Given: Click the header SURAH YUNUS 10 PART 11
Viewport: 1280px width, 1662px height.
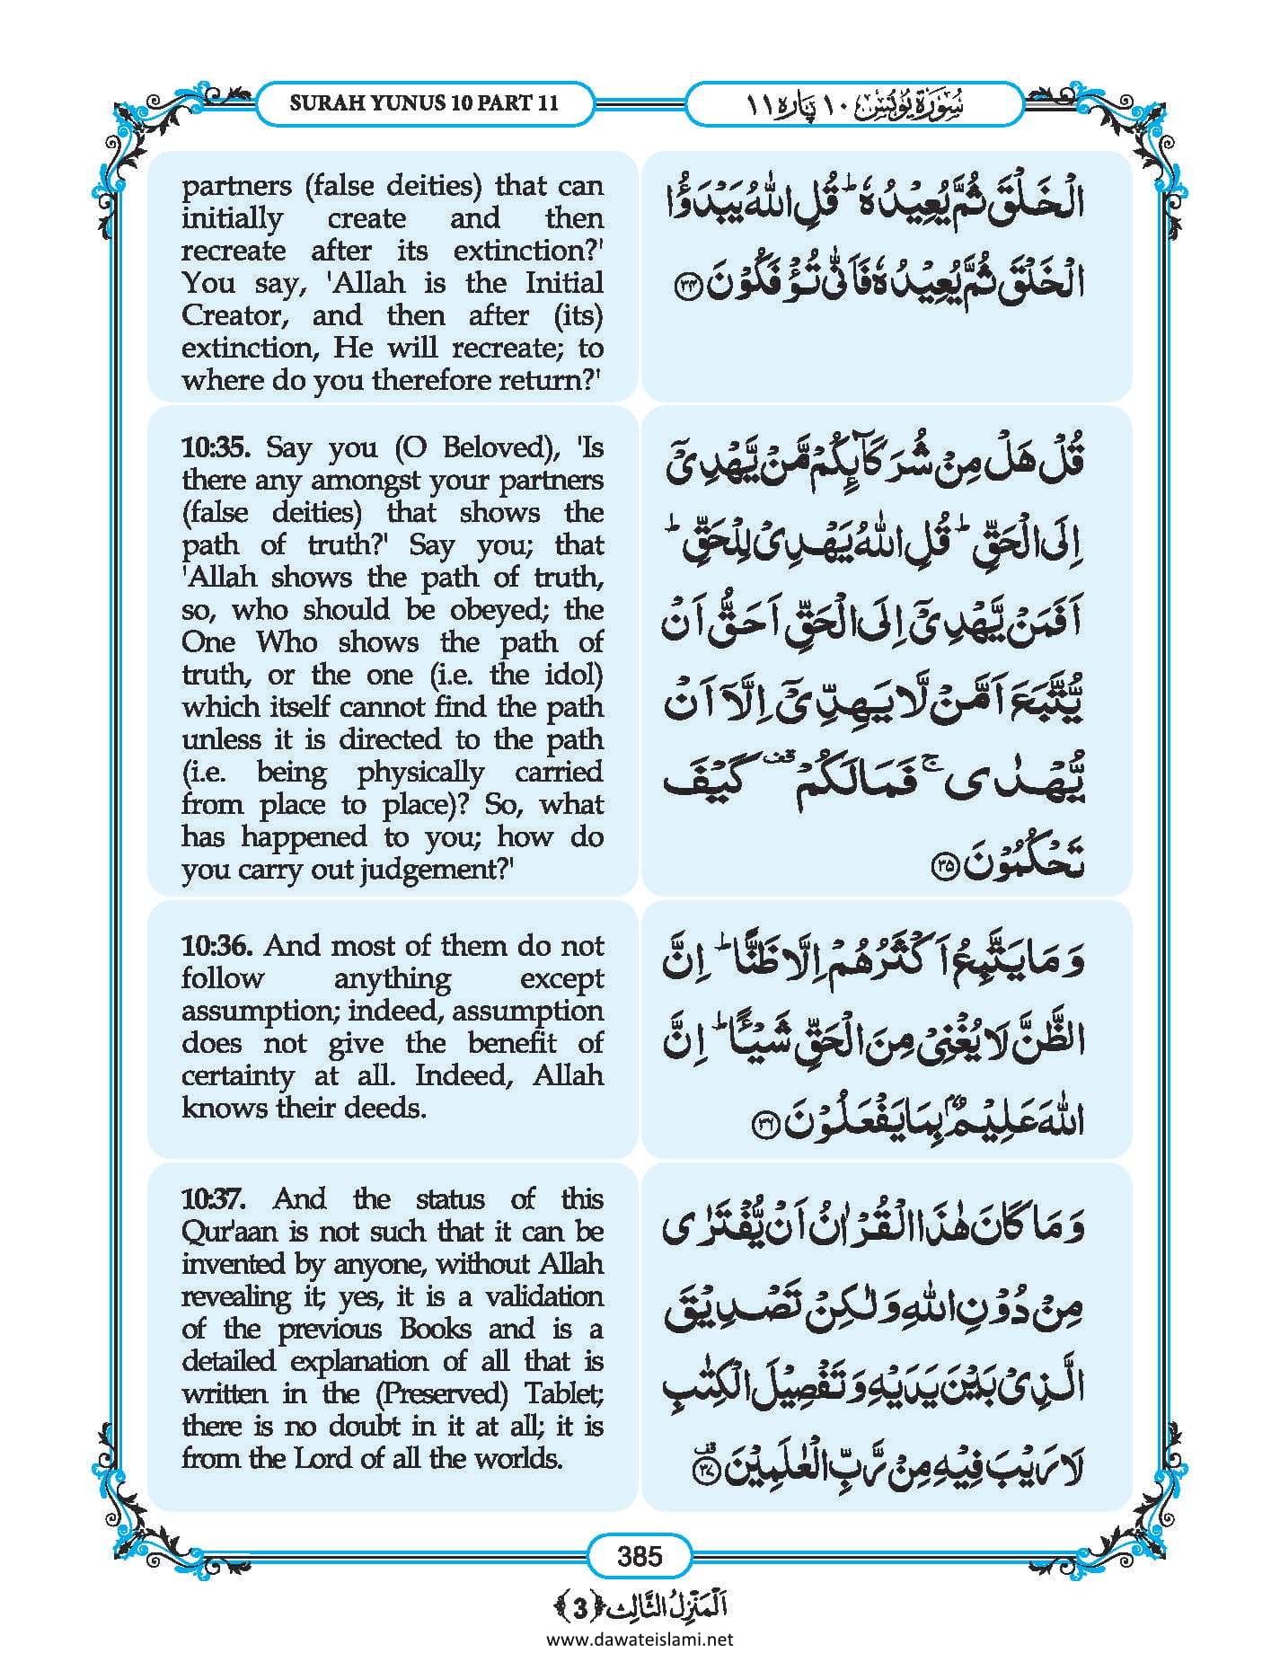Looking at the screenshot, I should coord(424,102).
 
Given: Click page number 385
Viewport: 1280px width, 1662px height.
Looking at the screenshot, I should coord(640,1556).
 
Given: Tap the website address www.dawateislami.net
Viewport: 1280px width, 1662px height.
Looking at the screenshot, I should coord(640,1639).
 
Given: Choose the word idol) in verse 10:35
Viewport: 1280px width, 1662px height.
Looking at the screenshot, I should coord(573,675).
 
